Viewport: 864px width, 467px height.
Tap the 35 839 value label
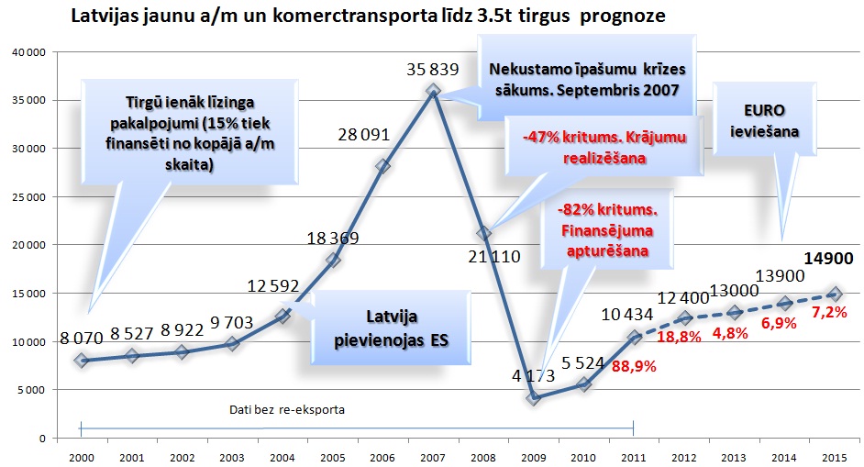[x=434, y=69]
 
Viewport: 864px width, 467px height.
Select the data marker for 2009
[x=534, y=397]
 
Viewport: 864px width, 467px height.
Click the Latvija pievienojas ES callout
[x=385, y=326]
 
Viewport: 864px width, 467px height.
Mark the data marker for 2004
[x=282, y=316]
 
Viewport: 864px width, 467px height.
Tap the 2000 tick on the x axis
[x=81, y=455]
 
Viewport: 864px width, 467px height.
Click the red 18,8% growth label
[x=679, y=337]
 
